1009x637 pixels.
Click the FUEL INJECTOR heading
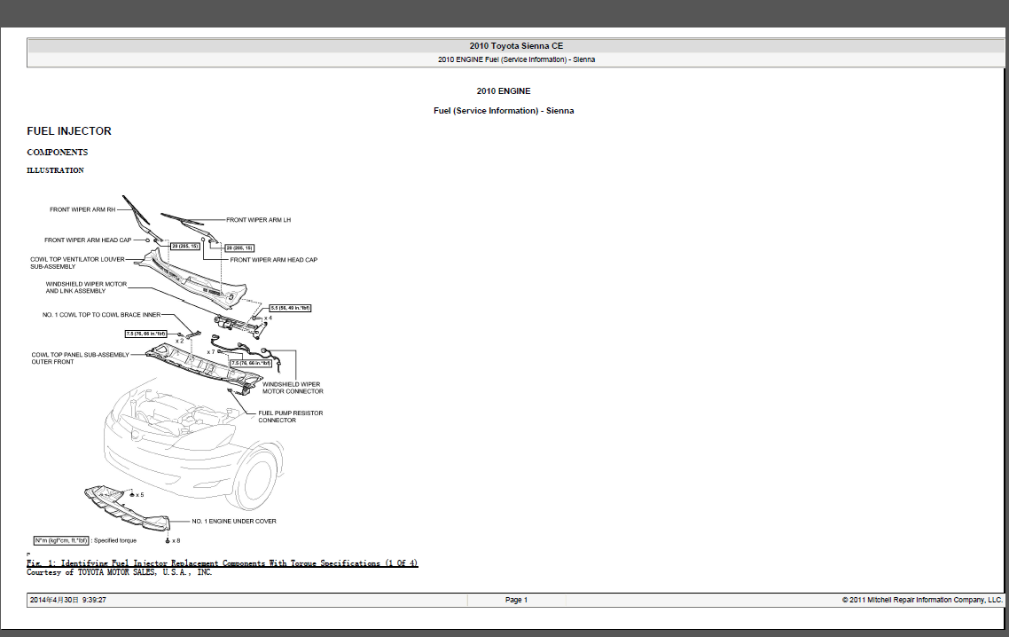69,131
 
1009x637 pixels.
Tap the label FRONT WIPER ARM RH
83,210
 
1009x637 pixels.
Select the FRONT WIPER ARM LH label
258,220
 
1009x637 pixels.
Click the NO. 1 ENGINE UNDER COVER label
234,522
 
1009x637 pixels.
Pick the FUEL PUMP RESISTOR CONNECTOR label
290,416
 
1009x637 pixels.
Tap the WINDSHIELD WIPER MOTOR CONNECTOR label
293,388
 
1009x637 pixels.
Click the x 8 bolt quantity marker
174,540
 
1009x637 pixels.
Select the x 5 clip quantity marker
138,495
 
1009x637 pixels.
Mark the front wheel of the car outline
256,479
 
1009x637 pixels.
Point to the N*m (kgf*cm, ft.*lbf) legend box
60,540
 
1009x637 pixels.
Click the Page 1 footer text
516,601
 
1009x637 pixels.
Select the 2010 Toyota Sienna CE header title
516,46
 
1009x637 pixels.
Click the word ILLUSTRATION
55,170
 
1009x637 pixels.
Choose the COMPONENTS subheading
57,153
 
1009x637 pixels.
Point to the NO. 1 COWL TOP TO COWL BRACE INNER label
102,315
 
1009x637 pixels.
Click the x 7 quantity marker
211,352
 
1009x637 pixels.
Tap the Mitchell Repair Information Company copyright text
922,601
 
